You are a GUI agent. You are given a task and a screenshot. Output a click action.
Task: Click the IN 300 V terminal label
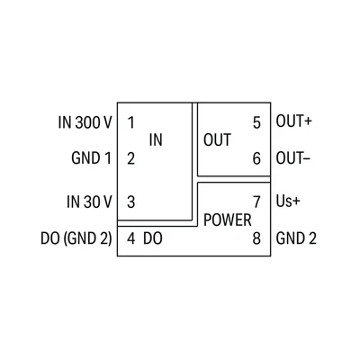85,122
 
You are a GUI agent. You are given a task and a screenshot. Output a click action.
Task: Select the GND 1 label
91,158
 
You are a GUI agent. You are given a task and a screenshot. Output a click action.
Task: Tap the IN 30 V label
89,202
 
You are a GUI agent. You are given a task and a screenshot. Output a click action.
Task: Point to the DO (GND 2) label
76,238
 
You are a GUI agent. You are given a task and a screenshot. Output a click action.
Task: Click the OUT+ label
294,121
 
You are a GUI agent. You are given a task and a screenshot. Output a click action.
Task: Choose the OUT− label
293,158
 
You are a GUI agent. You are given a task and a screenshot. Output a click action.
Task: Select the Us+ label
288,202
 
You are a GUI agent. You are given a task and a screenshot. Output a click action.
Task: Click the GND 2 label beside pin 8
296,238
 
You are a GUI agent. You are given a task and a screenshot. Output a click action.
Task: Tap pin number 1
130,122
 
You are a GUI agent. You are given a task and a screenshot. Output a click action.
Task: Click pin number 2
130,158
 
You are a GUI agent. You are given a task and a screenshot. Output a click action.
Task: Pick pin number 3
130,202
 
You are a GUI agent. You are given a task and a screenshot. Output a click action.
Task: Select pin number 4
130,238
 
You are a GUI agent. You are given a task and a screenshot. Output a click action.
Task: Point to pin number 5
256,122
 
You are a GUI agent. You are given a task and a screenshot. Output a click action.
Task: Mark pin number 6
256,158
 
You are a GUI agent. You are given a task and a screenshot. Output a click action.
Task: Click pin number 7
256,202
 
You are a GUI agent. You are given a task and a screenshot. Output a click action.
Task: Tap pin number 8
256,238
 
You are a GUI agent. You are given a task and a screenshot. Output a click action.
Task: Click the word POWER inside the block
228,220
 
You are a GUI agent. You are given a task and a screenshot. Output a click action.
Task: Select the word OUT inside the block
218,139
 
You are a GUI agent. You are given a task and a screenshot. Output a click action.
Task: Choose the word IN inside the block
156,139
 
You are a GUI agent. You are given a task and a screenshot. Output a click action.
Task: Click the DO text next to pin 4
153,238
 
